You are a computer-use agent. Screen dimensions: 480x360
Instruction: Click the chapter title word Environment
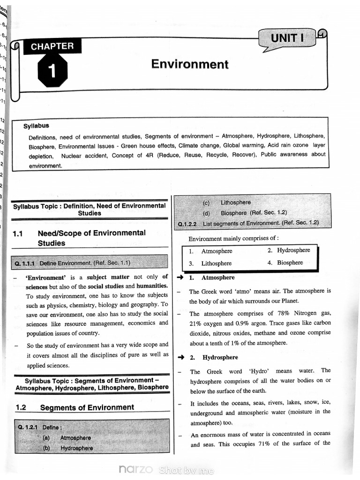tap(190, 64)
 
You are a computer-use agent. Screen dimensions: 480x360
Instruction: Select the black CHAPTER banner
tap(52, 46)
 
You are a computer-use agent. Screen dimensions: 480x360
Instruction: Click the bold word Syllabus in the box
tap(36, 126)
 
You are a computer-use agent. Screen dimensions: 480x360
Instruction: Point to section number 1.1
tap(18, 233)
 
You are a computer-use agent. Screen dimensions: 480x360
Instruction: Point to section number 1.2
tap(21, 408)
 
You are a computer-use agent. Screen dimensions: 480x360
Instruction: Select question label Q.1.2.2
tap(190, 224)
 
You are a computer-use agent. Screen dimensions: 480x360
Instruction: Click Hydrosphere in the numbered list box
tap(293, 250)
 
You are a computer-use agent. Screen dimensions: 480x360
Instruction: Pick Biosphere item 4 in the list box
tap(290, 262)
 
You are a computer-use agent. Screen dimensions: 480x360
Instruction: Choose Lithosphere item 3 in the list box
tap(216, 263)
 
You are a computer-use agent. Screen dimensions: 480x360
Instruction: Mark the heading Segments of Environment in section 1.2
tap(87, 408)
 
